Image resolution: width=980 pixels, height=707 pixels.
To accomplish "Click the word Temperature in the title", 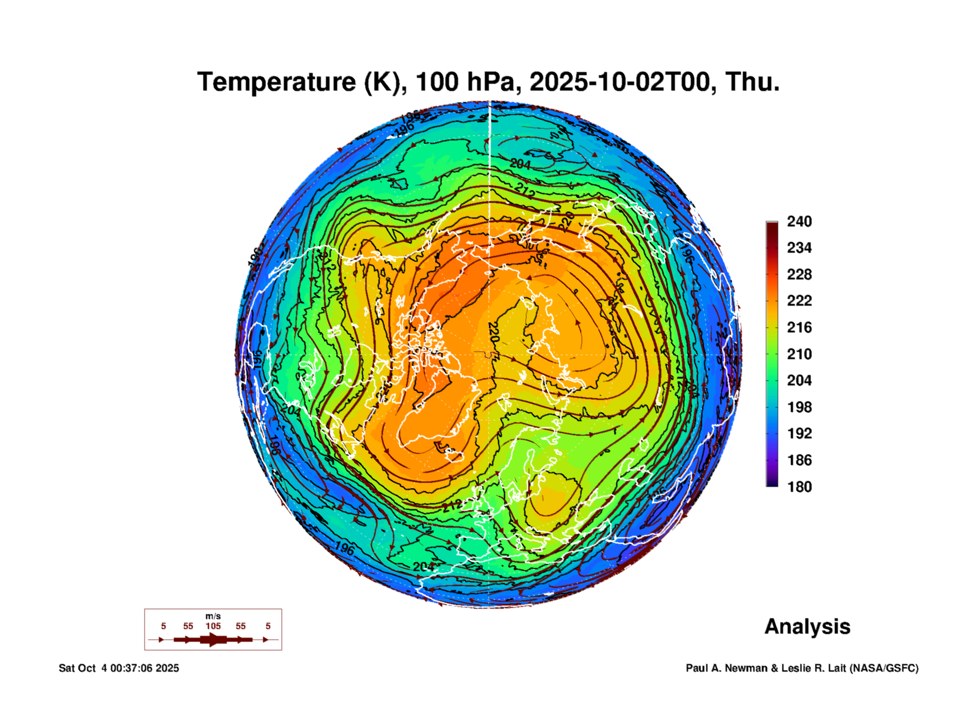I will (x=277, y=82).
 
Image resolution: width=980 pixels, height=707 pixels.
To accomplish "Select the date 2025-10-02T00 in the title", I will (x=622, y=82).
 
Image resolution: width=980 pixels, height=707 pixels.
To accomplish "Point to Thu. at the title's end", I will (x=752, y=82).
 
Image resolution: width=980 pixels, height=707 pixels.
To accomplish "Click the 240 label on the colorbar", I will (x=799, y=221).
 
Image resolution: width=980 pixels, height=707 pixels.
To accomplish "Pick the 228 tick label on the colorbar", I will (x=799, y=274).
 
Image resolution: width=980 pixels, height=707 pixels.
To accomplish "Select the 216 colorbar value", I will (x=799, y=327).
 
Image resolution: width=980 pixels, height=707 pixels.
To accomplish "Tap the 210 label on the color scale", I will (x=799, y=354).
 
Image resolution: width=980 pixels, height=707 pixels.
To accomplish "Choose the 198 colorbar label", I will (x=799, y=407).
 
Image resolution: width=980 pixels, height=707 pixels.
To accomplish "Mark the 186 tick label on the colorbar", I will (x=799, y=460).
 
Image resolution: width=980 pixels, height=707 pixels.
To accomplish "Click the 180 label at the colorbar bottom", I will (x=799, y=487).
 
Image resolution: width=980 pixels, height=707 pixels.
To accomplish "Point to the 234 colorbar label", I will (x=799, y=248).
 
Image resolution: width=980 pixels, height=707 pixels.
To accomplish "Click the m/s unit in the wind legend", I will (x=213, y=616).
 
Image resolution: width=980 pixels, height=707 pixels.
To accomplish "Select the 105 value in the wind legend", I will (x=213, y=626).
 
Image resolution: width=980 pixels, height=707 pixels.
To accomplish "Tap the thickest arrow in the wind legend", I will (x=213, y=640).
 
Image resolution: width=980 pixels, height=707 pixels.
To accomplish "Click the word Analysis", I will (x=807, y=626).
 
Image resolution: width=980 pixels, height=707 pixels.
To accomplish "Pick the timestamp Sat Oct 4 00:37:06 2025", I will (x=119, y=668).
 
